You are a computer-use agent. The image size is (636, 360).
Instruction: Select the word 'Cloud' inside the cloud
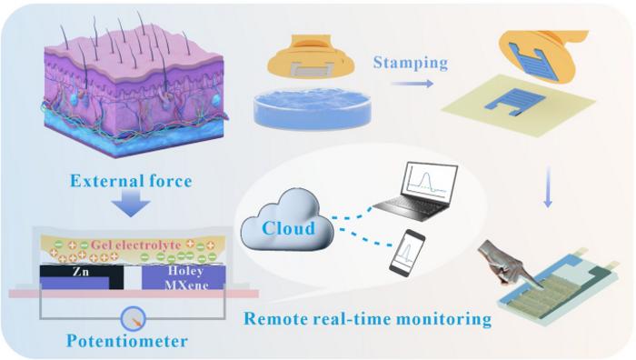pyautogui.click(x=284, y=226)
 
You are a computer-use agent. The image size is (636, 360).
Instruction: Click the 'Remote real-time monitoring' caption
pyautogui.click(x=367, y=319)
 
